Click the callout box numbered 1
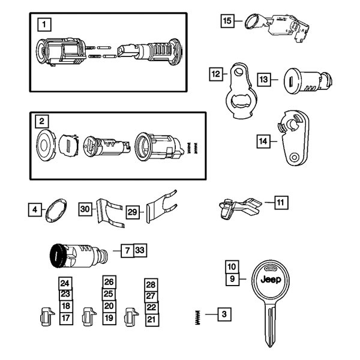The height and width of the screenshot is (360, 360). pos(43,25)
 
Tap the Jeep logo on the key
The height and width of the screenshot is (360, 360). pos(272,280)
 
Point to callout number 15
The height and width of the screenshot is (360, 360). pos(227,22)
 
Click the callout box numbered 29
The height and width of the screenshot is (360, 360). pos(132,212)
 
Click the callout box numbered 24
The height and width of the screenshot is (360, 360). pos(65,283)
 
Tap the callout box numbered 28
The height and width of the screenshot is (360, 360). pos(151,284)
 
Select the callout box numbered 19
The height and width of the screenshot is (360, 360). pos(108,317)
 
